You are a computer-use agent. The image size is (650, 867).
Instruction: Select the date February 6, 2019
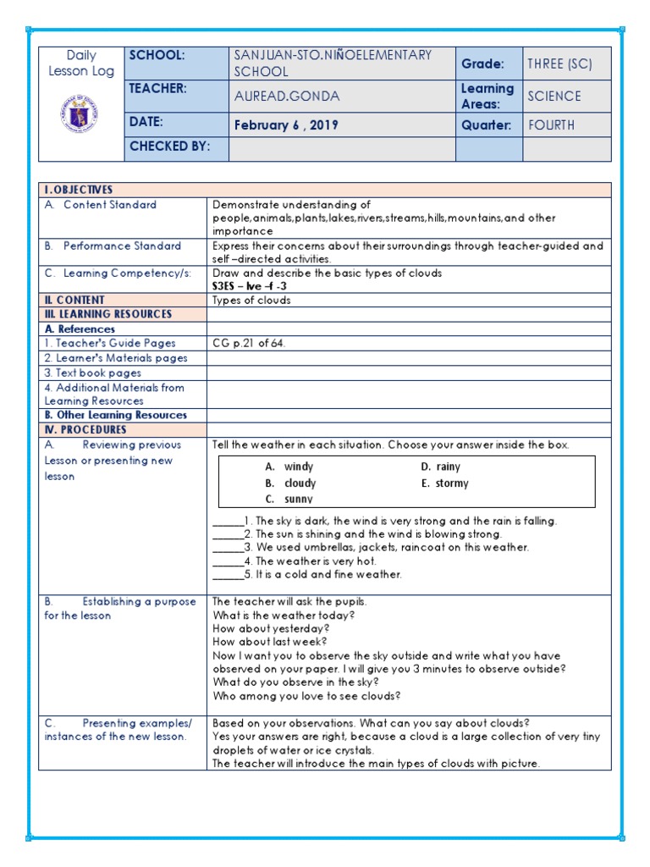(286, 125)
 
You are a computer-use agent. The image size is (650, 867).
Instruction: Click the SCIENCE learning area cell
(554, 97)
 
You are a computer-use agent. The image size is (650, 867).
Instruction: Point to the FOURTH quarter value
(551, 125)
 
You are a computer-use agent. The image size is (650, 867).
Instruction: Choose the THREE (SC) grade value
(559, 64)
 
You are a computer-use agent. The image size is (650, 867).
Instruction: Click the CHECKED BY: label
(168, 146)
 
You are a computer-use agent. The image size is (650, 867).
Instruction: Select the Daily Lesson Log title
(81, 64)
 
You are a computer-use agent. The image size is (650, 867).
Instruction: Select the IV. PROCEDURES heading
(84, 429)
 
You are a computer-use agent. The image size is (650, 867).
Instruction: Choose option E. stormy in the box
(444, 483)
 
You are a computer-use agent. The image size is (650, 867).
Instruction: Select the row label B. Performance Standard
(113, 246)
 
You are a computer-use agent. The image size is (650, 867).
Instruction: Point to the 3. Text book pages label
(93, 373)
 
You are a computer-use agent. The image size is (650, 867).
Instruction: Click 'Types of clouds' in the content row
(251, 300)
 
